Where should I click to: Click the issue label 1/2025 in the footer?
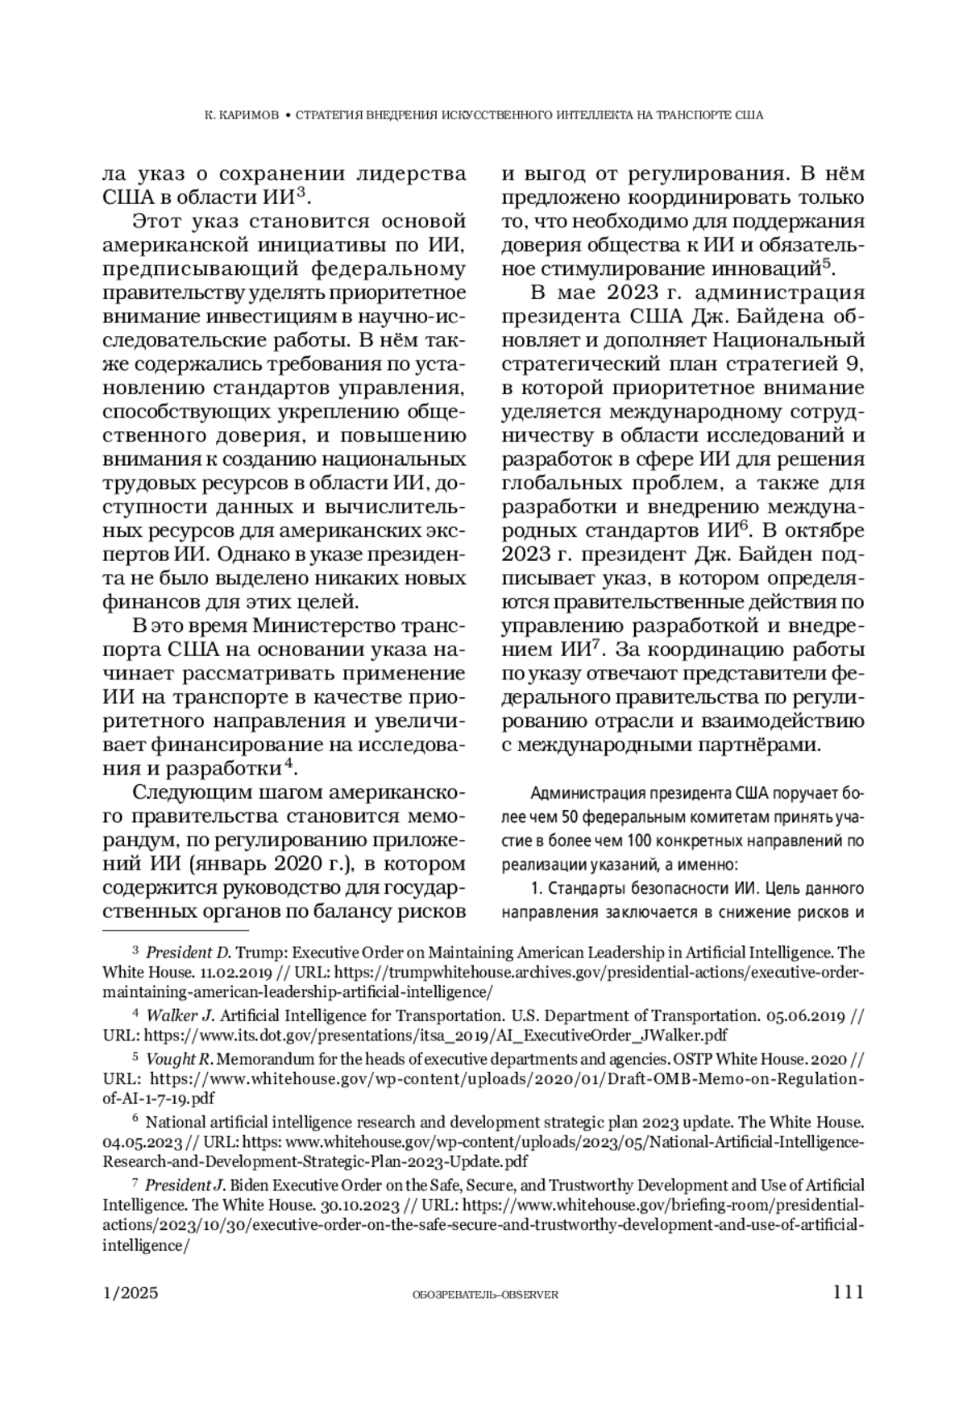[131, 1293]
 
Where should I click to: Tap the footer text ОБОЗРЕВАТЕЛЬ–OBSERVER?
[484, 1294]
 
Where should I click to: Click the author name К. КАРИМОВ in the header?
[241, 115]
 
